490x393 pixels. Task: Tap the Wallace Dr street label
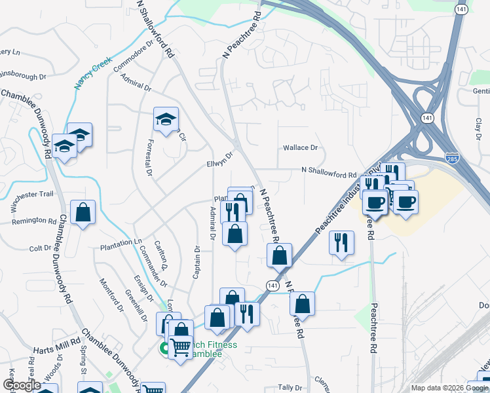300,148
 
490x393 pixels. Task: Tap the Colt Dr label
40,248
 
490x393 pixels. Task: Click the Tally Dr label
288,388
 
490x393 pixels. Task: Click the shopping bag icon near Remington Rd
83,213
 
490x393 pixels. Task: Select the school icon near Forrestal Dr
166,119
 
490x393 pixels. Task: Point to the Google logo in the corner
22,385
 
